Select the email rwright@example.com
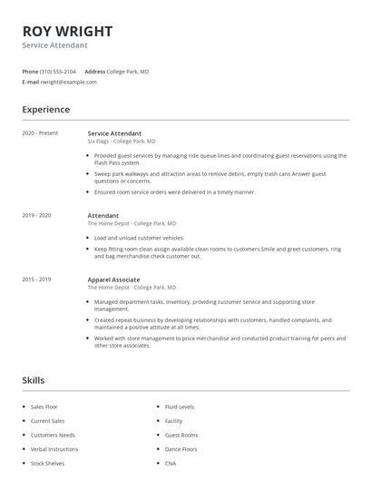68,82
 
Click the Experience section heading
46,110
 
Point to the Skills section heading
34,379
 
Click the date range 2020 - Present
40,133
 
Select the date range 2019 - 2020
37,215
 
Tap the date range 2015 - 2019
37,280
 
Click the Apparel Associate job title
113,280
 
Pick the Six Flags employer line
122,142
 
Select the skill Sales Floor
44,407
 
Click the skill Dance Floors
181,449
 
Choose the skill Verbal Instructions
54,449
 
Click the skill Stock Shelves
47,463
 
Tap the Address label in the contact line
94,71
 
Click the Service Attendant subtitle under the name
54,44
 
